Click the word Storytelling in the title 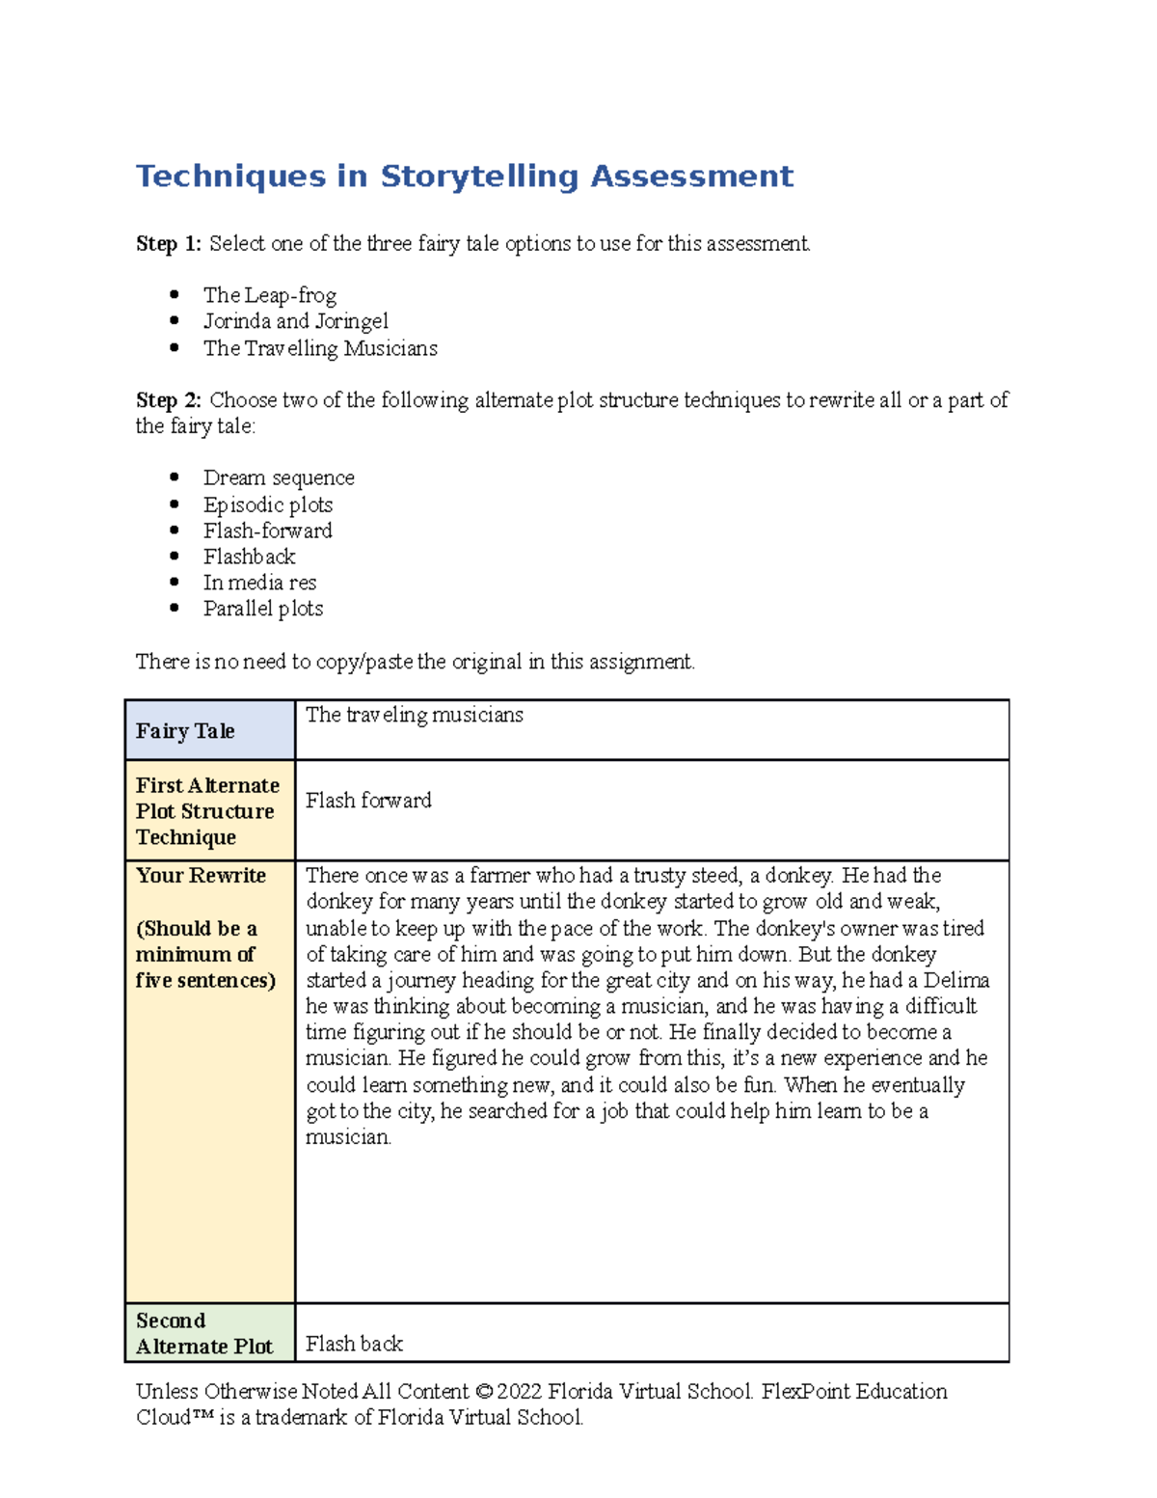coord(479,177)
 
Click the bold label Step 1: coord(169,244)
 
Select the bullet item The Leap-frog coord(269,295)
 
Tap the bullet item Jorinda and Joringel coord(295,321)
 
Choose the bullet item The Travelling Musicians coord(319,348)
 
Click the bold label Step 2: coord(169,400)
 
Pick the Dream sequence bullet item coord(278,478)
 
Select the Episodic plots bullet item coord(267,504)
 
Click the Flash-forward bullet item coord(267,531)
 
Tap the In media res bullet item coord(259,583)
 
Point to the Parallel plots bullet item coord(262,609)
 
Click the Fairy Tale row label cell coord(185,731)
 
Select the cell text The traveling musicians coord(414,715)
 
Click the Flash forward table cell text coord(368,801)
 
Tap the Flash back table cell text coord(354,1344)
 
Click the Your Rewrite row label coord(201,876)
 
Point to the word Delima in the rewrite coord(955,980)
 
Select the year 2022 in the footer coord(519,1392)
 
